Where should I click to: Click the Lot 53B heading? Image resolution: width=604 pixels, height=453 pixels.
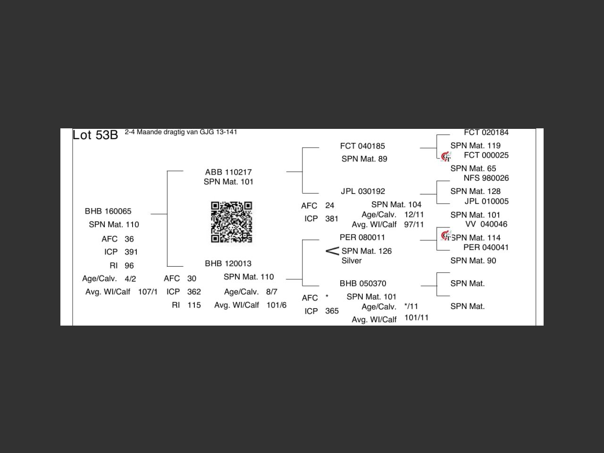(95, 135)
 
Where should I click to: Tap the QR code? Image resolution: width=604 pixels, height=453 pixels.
(231, 222)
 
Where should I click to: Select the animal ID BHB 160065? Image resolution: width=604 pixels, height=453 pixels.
(108, 211)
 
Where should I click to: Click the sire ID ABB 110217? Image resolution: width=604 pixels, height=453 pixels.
(228, 172)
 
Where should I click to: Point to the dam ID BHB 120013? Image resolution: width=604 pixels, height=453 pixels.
(228, 263)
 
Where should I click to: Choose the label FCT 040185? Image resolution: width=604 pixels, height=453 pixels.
(362, 146)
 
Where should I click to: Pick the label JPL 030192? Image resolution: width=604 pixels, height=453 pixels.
(363, 191)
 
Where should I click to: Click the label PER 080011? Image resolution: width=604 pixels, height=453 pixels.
(362, 237)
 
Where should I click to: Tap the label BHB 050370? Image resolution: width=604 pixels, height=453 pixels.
(363, 284)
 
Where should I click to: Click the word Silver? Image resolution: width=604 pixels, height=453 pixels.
(352, 260)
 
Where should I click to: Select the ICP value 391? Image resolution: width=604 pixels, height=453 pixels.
(131, 252)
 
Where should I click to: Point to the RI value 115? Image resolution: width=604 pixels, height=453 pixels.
(194, 305)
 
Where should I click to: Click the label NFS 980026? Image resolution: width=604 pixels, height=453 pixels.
(486, 178)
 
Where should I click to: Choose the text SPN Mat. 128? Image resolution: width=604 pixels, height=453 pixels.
(475, 191)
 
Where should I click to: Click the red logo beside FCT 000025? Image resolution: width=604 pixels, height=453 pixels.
(445, 156)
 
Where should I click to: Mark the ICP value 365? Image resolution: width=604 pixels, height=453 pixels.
(332, 311)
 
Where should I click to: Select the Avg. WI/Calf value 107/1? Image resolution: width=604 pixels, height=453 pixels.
(148, 292)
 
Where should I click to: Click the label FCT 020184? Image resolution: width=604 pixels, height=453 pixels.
(486, 133)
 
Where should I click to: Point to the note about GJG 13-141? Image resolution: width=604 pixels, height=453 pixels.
(181, 132)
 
